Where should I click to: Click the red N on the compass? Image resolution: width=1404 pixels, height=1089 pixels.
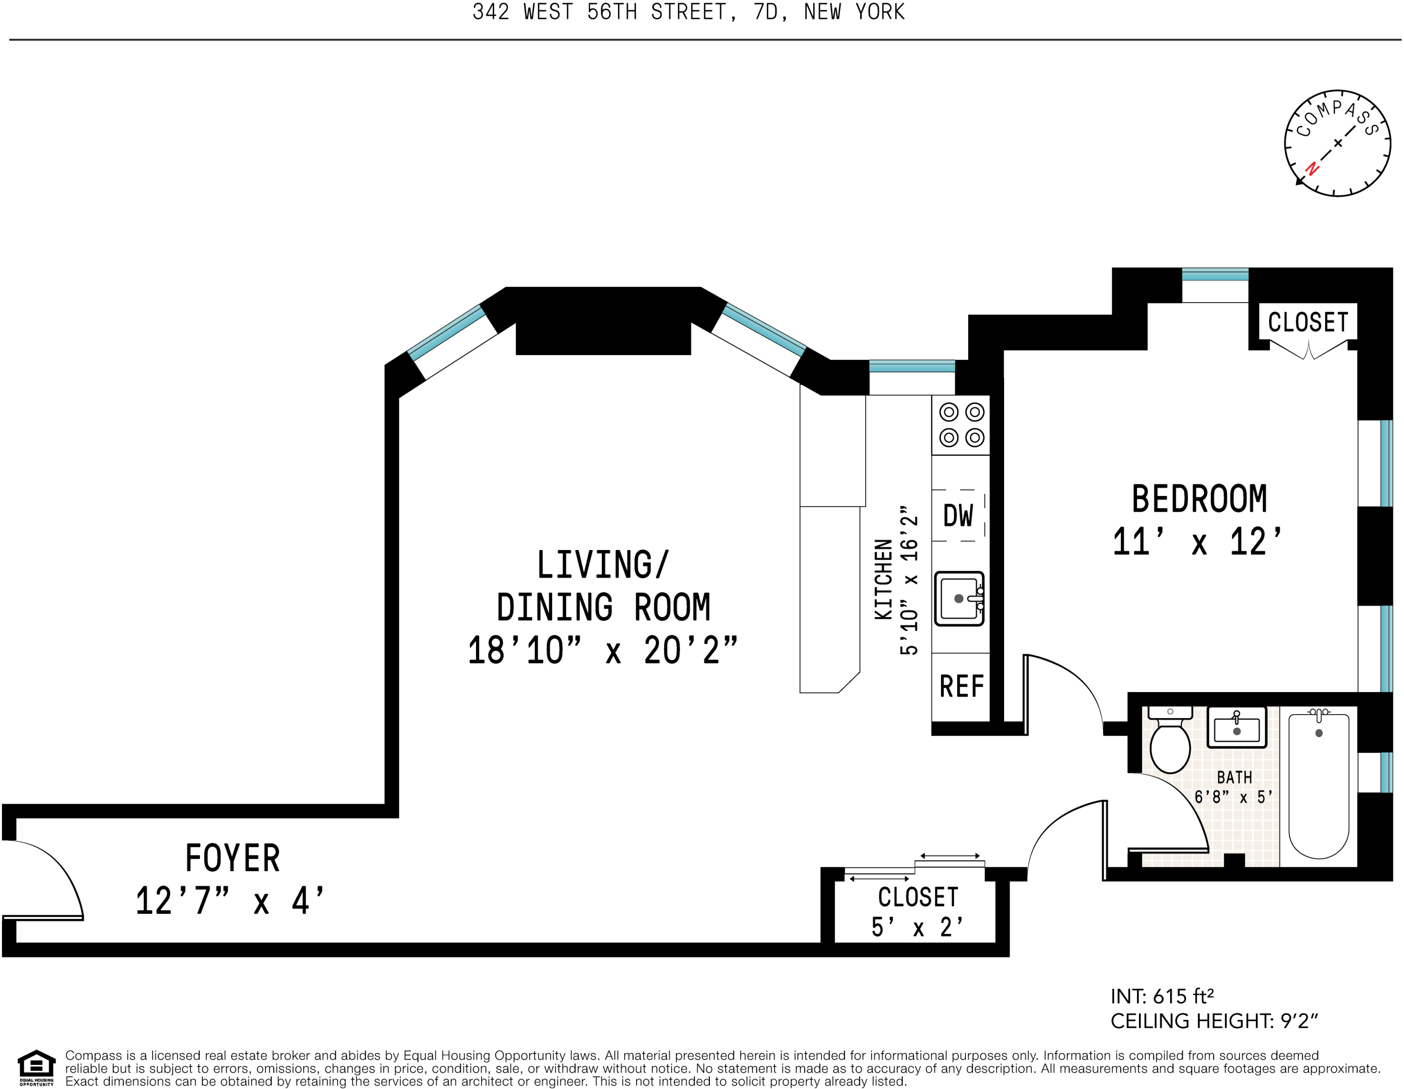pyautogui.click(x=1312, y=168)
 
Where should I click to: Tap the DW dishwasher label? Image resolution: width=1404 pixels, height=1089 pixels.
pyautogui.click(x=958, y=515)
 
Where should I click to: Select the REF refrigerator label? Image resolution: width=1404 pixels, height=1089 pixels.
pyautogui.click(x=962, y=686)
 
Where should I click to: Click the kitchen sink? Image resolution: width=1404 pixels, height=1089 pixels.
pyautogui.click(x=959, y=598)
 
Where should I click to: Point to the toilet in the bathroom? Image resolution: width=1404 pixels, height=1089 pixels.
pyautogui.click(x=1170, y=740)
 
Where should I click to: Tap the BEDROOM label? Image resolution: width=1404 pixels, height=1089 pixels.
pyautogui.click(x=1200, y=499)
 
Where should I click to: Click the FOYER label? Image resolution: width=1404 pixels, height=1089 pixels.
pyautogui.click(x=232, y=858)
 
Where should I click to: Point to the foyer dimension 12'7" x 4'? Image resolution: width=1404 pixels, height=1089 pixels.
pyautogui.click(x=230, y=900)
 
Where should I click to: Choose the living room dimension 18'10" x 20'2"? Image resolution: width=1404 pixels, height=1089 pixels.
pyautogui.click(x=603, y=651)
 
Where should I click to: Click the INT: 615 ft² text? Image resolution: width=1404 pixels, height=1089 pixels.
pyautogui.click(x=1162, y=996)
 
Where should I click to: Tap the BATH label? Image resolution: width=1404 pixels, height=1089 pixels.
pyautogui.click(x=1235, y=778)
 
